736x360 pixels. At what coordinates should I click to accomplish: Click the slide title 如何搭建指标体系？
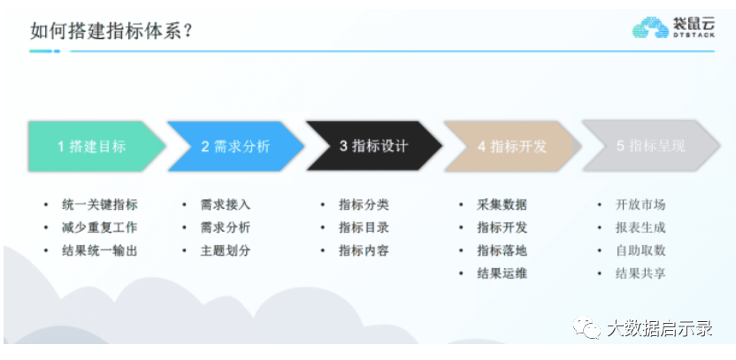112,32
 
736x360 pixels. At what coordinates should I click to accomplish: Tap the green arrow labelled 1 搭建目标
93,146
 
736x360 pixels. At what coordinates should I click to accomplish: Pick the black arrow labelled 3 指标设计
372,146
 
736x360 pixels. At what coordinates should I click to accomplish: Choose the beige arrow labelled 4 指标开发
511,146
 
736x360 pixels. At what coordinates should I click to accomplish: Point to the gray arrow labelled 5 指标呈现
649,146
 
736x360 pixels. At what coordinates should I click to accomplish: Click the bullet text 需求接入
226,204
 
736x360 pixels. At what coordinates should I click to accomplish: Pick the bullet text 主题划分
226,250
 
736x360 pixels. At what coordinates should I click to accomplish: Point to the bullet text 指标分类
364,204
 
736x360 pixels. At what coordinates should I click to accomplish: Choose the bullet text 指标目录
364,227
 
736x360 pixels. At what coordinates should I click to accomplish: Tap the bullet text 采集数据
502,204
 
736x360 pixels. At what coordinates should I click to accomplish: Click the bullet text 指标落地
502,250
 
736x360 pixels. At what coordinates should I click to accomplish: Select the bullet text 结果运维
502,273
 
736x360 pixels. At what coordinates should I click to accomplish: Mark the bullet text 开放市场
640,204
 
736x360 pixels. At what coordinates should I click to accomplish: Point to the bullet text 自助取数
640,250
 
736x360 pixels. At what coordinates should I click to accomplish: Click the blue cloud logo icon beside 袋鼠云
650,28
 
